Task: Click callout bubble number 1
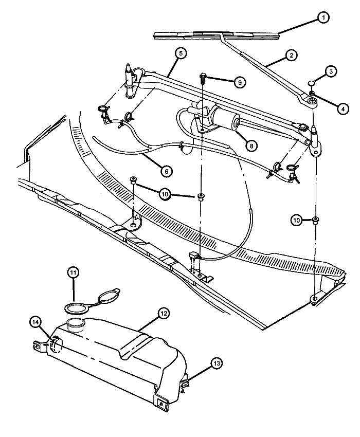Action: tap(322, 19)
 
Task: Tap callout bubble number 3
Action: tap(331, 71)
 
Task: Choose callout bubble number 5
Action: tap(179, 53)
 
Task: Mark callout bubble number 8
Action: tap(251, 145)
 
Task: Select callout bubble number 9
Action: tap(239, 82)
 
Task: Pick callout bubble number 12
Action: tap(163, 313)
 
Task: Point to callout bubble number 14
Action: tap(35, 322)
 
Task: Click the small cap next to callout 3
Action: tap(312, 83)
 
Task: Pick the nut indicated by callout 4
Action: tap(312, 93)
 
